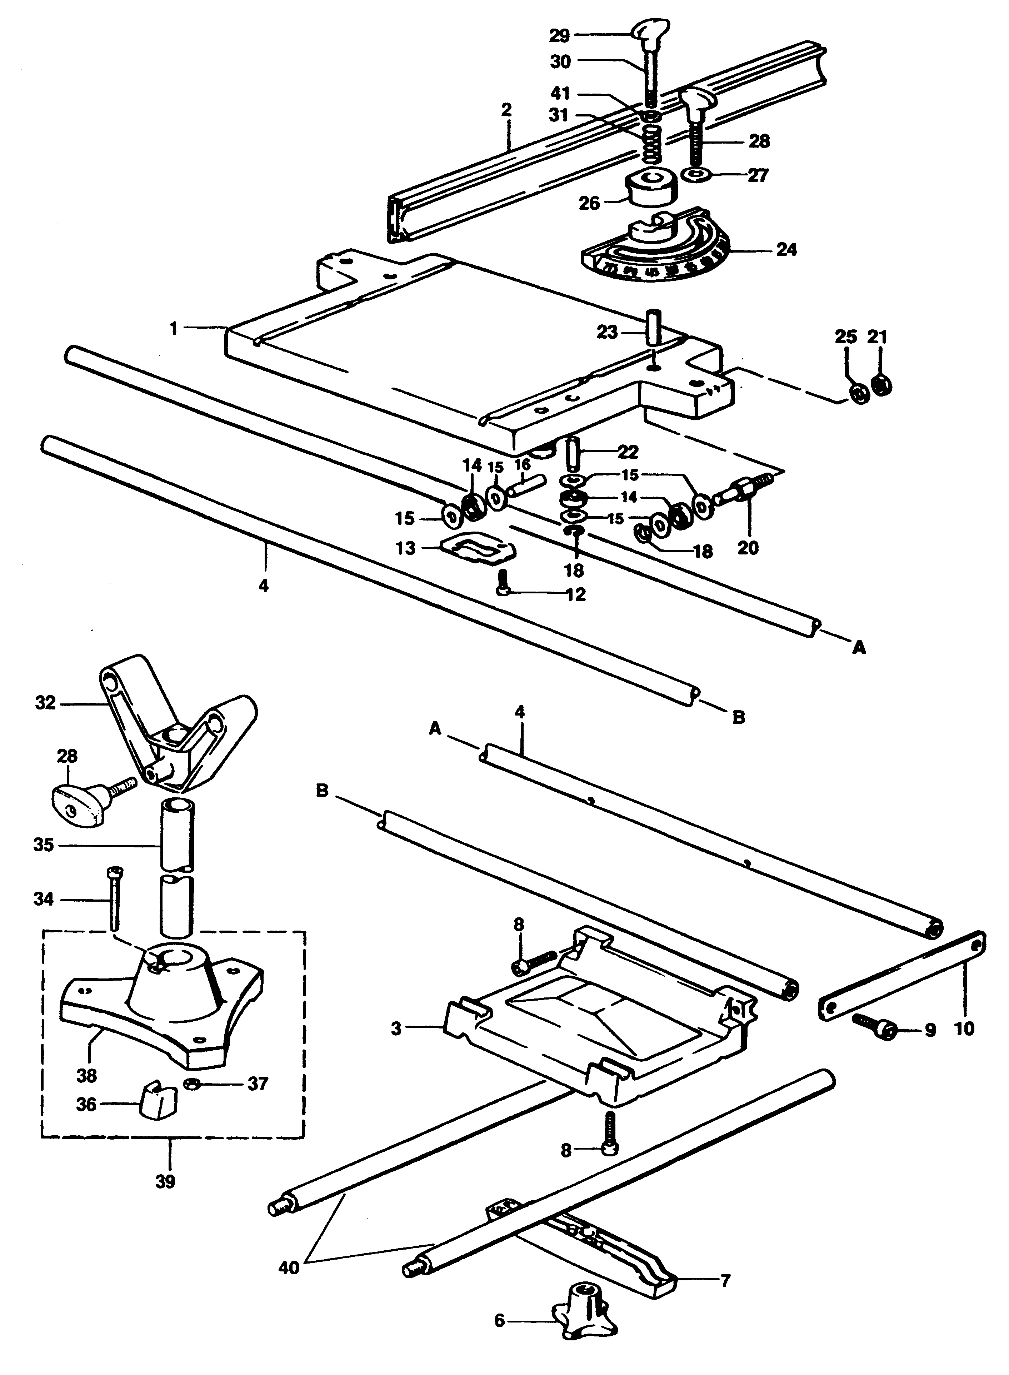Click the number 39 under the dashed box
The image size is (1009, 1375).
pos(165,1181)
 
